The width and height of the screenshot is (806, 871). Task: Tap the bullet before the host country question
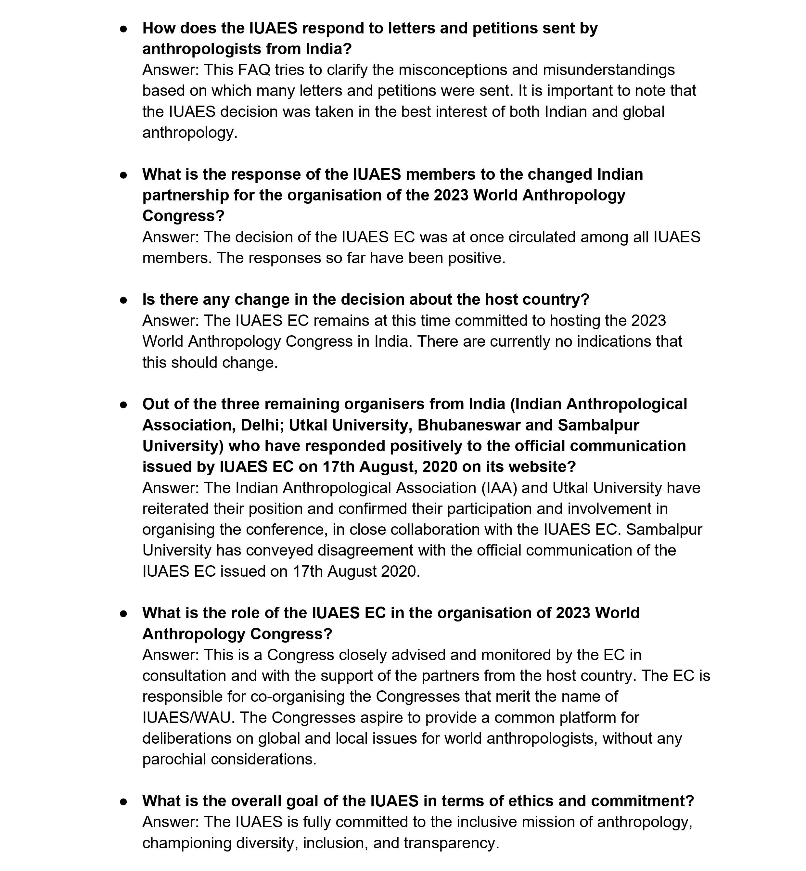tap(124, 300)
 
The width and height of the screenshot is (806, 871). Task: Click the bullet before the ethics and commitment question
tap(124, 802)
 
